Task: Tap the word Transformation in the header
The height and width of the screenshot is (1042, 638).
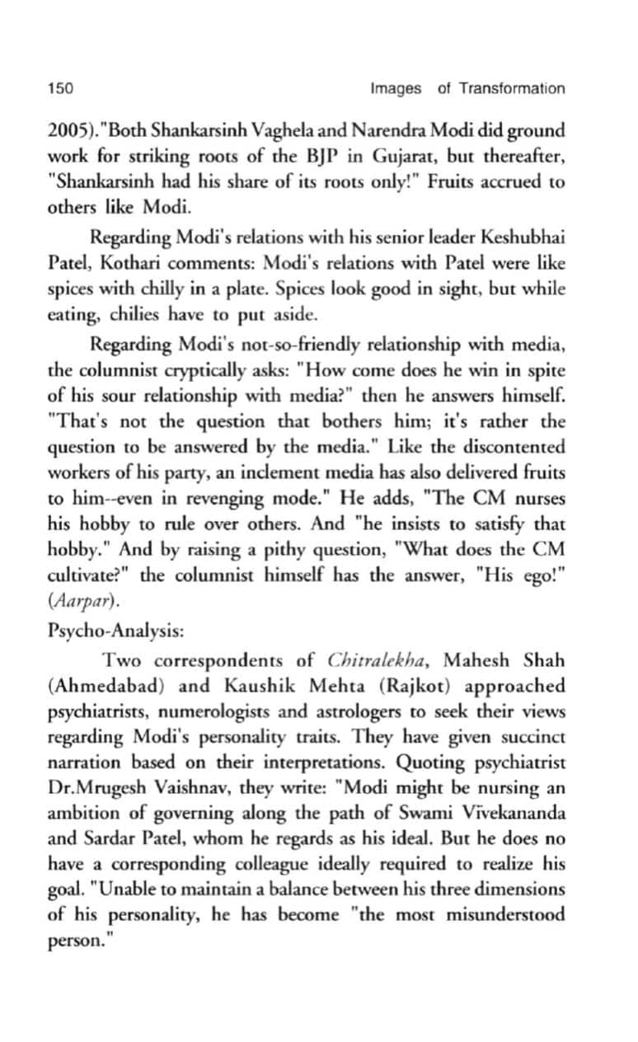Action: coord(512,88)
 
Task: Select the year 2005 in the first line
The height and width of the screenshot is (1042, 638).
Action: coord(63,132)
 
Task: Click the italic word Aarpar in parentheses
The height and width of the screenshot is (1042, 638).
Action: coord(76,607)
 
